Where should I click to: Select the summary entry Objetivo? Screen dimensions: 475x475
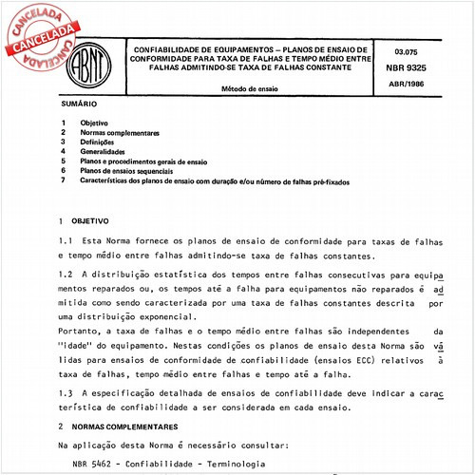point(94,124)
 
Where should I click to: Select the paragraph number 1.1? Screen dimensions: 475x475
point(65,241)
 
